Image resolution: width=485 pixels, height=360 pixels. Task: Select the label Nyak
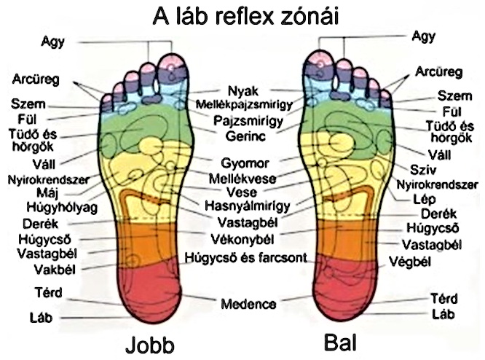click(x=242, y=92)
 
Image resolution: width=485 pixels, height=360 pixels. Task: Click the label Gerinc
click(x=242, y=136)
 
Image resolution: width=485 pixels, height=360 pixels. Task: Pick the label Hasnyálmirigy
click(x=242, y=205)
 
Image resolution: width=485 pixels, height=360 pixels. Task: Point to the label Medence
click(x=249, y=303)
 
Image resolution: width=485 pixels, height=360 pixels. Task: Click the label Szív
click(x=417, y=170)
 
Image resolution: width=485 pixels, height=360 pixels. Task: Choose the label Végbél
click(x=411, y=261)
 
